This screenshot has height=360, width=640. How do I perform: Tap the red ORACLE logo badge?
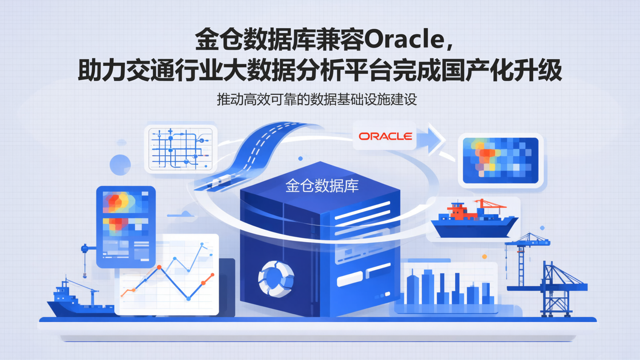pyautogui.click(x=385, y=136)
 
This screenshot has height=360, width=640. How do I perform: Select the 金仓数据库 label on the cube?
pyautogui.click(x=322, y=185)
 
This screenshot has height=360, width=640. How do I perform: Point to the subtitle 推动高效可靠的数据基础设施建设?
pyautogui.click(x=317, y=99)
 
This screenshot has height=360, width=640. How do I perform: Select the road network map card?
pyautogui.click(x=180, y=148)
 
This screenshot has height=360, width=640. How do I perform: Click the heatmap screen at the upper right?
pyautogui.click(x=500, y=160)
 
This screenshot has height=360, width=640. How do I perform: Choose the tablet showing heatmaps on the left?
pyautogui.click(x=126, y=226)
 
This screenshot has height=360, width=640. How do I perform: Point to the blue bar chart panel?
pyautogui.click(x=449, y=287)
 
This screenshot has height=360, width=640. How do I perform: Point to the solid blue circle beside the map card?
pyautogui.click(x=120, y=164)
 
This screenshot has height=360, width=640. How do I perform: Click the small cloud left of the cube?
pyautogui.click(x=183, y=214)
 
